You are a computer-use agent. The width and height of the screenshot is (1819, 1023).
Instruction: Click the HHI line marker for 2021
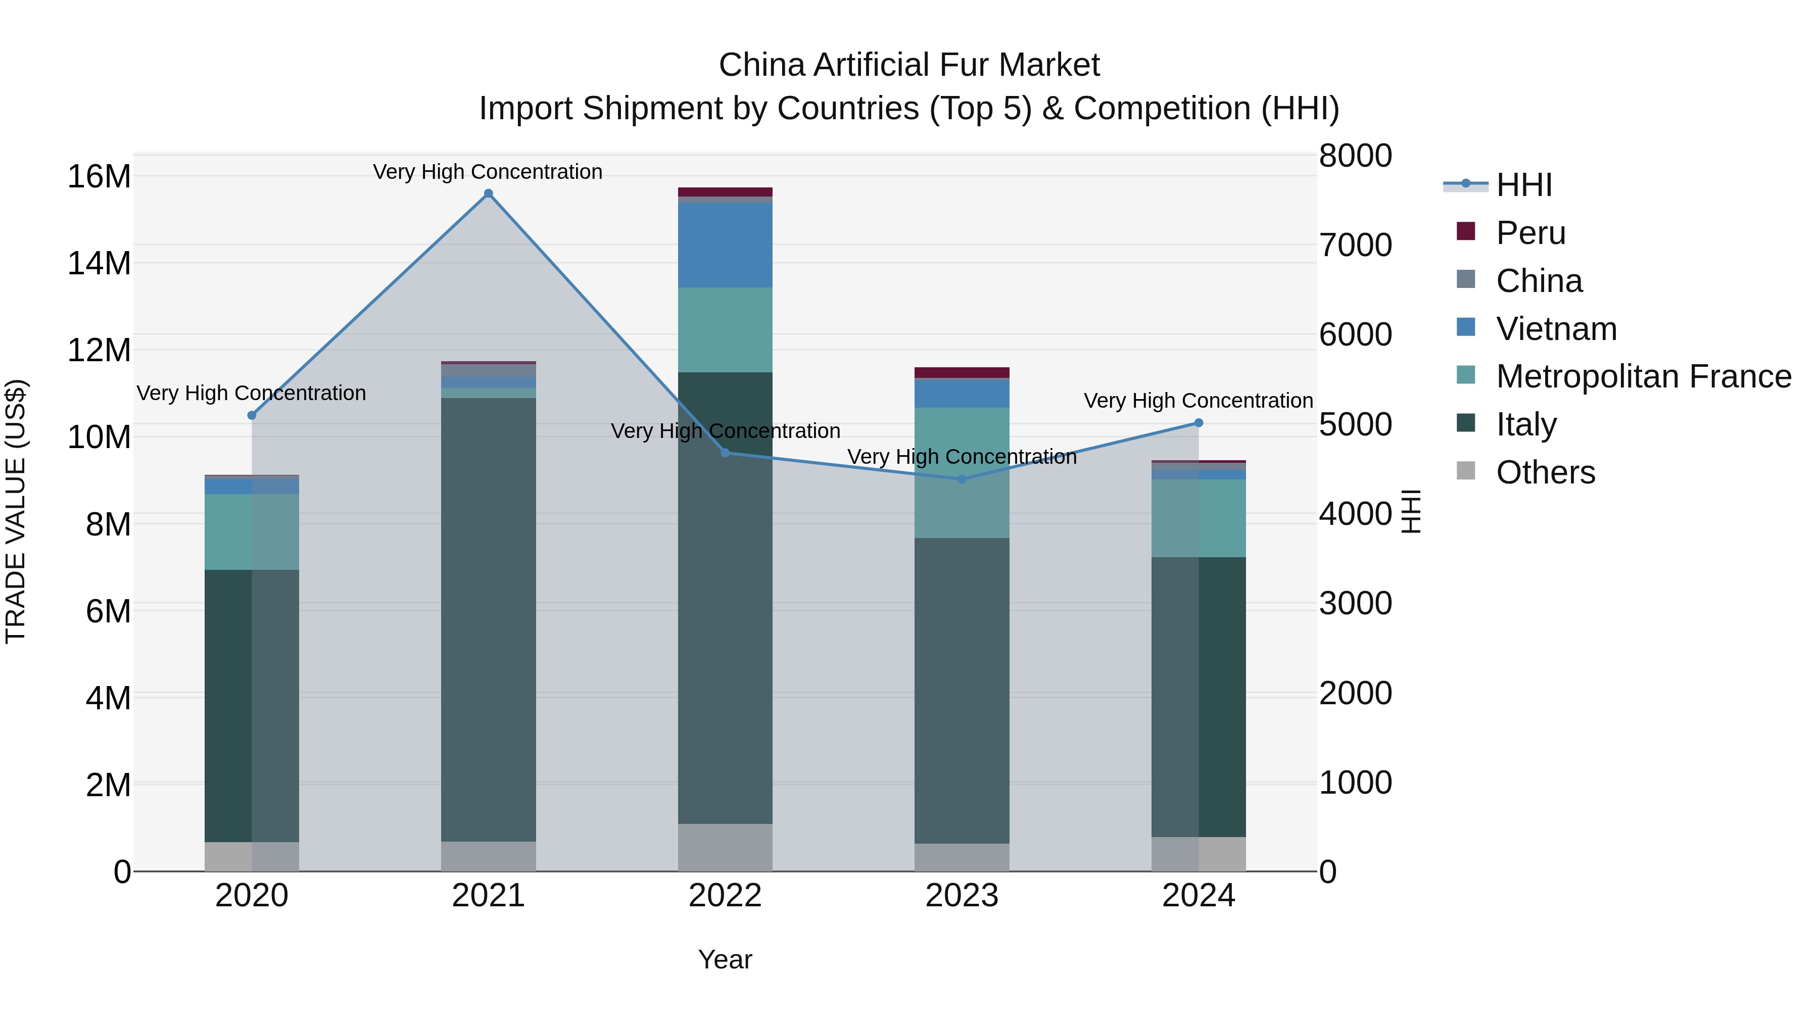click(488, 193)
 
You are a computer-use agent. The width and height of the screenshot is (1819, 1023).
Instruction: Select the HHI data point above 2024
click(1199, 423)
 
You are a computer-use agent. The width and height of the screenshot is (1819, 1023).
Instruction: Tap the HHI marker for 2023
click(962, 479)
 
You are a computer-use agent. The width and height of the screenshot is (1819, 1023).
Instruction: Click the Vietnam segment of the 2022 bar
click(725, 245)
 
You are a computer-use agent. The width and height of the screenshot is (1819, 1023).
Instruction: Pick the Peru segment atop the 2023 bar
click(962, 372)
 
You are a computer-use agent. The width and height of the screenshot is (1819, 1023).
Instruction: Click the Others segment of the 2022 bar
click(725, 847)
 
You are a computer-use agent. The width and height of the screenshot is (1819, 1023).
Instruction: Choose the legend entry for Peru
click(1530, 232)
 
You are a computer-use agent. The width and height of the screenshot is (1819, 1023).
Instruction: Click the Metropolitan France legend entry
click(1643, 376)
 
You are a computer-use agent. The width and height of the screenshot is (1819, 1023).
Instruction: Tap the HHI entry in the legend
click(1523, 185)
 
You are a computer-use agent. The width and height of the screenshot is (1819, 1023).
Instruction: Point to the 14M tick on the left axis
click(99, 263)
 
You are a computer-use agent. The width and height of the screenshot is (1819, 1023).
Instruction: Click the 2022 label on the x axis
click(725, 896)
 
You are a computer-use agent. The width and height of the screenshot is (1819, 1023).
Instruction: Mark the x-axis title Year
click(725, 959)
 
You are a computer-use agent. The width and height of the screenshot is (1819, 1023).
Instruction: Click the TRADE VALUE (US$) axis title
click(16, 511)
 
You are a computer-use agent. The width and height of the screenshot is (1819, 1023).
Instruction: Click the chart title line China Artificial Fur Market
click(909, 65)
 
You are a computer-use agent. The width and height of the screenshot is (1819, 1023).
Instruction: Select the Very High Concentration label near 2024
click(1199, 400)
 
